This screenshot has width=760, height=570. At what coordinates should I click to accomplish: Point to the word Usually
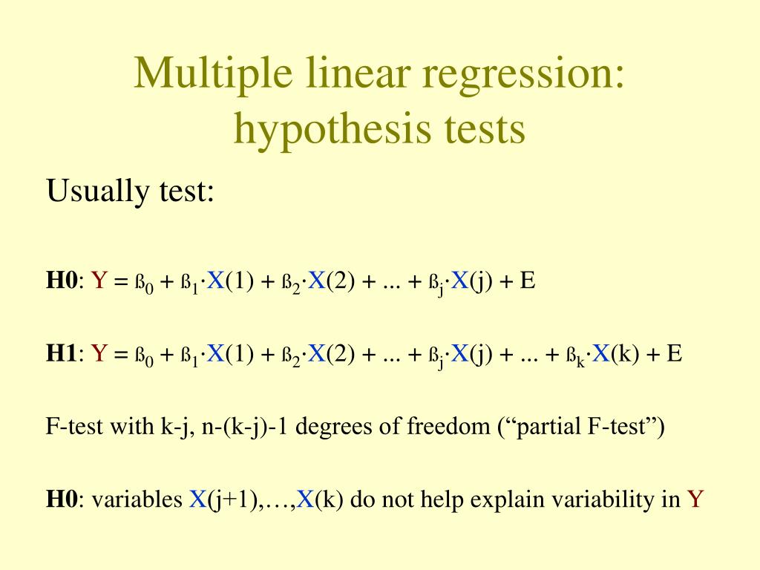tap(89, 193)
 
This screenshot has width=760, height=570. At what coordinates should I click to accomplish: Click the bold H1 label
tap(62, 354)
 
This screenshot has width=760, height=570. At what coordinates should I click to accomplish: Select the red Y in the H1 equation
tap(100, 354)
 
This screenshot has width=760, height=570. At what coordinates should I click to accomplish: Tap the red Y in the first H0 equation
tap(100, 281)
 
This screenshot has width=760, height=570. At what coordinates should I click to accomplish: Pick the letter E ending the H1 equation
tap(673, 354)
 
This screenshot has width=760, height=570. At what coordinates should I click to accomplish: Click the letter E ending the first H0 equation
tap(528, 281)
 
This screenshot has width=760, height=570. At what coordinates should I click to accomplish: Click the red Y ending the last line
tap(695, 499)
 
